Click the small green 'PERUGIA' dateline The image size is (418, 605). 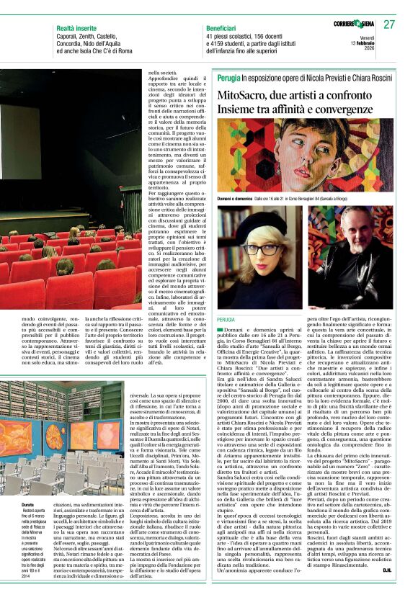[x=226, y=318]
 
